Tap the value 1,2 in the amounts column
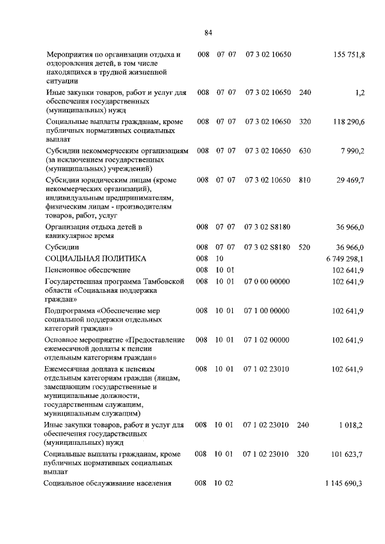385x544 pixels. pos(360,93)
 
